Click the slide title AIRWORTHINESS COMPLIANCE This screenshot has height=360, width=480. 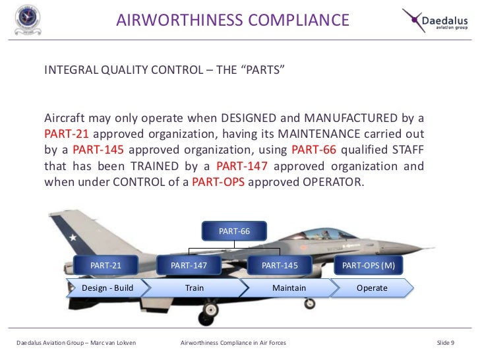[x=233, y=20]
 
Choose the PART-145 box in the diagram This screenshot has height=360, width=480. [x=280, y=265]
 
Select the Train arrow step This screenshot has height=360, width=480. [x=195, y=288]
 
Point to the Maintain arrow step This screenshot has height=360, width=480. [x=289, y=288]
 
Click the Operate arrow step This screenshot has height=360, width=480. [x=372, y=288]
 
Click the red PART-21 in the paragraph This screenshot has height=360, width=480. [x=67, y=134]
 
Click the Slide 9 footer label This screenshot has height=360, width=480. [x=450, y=343]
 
